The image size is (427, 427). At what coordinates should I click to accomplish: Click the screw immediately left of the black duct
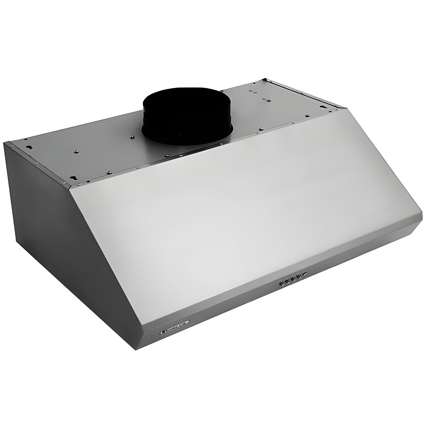[x=132, y=137]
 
